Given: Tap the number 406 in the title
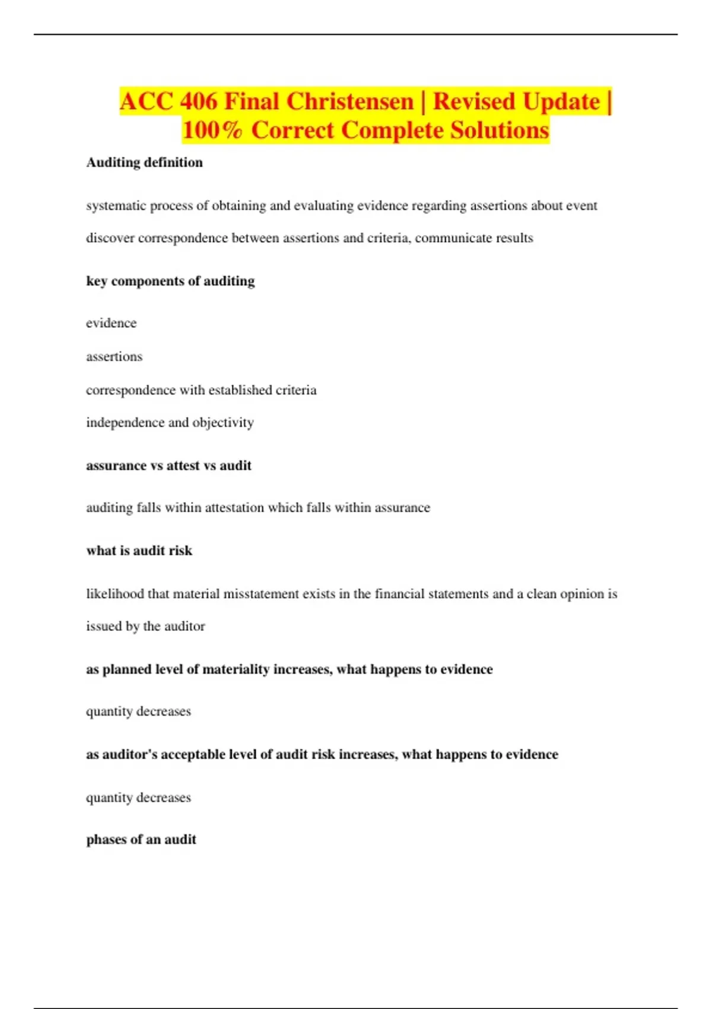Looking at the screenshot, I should (199, 101).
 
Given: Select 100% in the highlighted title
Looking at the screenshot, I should (212, 131).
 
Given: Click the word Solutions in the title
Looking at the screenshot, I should (500, 131).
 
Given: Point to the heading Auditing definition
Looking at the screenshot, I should (144, 163).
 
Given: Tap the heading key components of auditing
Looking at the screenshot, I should (170, 281).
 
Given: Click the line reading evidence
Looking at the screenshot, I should (111, 323).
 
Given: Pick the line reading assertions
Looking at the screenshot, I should (114, 357).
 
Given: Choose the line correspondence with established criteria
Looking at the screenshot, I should (201, 390).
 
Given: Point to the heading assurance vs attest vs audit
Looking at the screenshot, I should (169, 466).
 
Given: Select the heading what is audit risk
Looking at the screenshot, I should (139, 551).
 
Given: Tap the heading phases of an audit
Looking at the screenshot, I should (141, 840).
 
